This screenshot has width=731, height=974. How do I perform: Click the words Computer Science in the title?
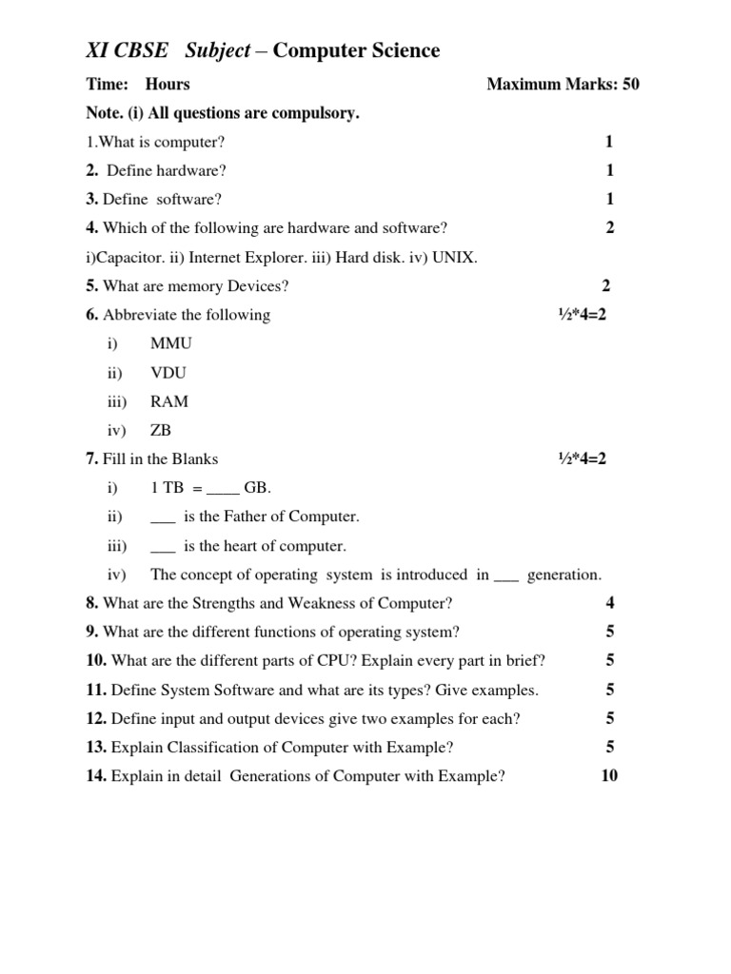(x=357, y=50)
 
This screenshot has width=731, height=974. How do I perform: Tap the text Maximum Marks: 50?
(x=563, y=84)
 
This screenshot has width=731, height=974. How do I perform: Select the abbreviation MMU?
(x=171, y=343)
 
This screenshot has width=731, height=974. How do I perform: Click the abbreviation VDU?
(x=168, y=373)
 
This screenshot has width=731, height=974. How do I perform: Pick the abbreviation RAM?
(x=169, y=401)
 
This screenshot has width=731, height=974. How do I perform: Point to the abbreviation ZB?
(x=161, y=430)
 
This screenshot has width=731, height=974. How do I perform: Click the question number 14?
(x=96, y=775)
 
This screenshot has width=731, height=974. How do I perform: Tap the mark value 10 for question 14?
(x=609, y=775)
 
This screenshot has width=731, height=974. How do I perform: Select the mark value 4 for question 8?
(x=609, y=602)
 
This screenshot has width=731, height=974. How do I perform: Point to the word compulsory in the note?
(x=316, y=113)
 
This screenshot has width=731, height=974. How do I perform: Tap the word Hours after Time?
(x=168, y=84)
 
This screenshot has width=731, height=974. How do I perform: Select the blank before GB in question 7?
(x=221, y=489)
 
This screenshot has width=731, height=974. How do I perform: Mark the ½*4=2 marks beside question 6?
(x=582, y=315)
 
